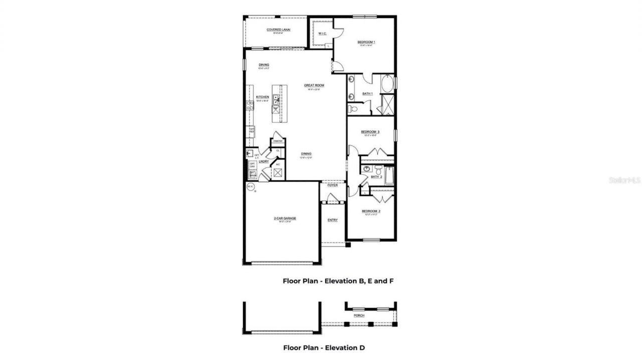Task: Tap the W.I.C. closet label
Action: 323,34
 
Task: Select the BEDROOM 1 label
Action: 366,42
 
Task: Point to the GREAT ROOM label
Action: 314,85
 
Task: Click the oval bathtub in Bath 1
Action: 387,84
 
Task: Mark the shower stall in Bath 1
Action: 387,105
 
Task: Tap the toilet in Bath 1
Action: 352,108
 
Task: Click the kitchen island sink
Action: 276,98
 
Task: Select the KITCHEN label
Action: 262,97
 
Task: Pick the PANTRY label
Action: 278,141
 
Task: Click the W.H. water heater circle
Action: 250,187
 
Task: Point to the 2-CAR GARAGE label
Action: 284,219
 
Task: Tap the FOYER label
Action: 333,185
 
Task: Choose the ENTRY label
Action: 333,220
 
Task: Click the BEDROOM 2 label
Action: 371,212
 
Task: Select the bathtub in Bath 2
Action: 390,175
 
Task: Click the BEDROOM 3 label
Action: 371,132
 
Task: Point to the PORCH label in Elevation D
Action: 359,316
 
